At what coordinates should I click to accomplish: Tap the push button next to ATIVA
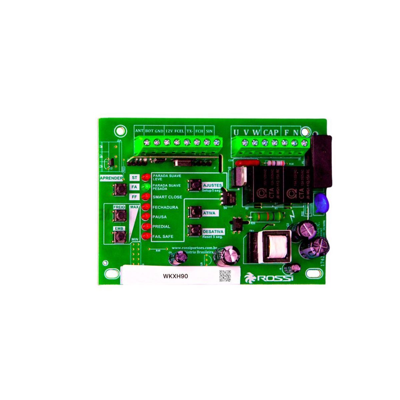[x=194, y=212]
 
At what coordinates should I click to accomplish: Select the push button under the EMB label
[x=119, y=236]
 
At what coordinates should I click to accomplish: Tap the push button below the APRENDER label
[x=119, y=189]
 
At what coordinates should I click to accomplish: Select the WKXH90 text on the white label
[x=172, y=276]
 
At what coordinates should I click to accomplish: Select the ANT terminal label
[x=139, y=131]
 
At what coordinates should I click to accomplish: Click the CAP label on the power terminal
[x=271, y=132]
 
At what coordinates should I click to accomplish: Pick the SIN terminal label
[x=209, y=131]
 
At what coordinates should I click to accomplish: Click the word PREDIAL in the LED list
[x=161, y=227]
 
